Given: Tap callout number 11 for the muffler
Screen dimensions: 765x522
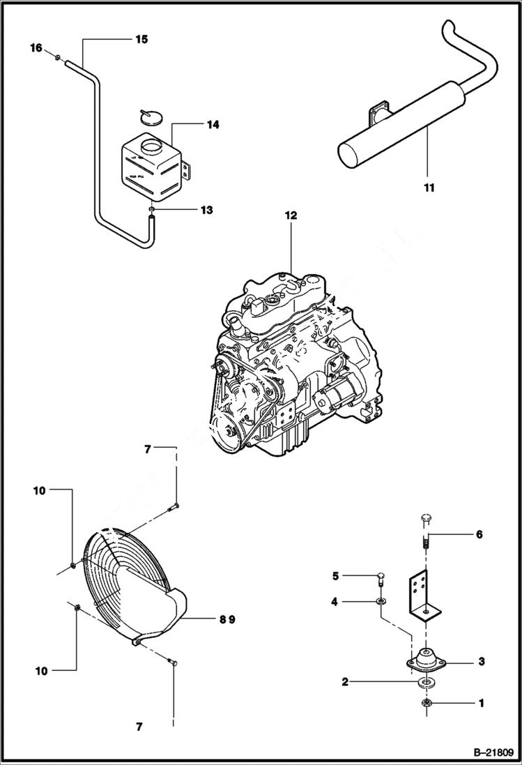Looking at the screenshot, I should (429, 188).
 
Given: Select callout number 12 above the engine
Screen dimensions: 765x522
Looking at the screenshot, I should (291, 215).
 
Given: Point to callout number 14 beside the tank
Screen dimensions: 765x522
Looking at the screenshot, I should (213, 125).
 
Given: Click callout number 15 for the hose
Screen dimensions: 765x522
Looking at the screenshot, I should (141, 40).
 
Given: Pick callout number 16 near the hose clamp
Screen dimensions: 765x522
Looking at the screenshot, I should (36, 47).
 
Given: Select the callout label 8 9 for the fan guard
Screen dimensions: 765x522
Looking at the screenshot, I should (217, 618).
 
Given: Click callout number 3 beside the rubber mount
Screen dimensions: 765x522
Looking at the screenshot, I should (481, 660).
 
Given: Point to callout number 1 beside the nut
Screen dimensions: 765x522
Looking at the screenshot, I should (481, 704).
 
